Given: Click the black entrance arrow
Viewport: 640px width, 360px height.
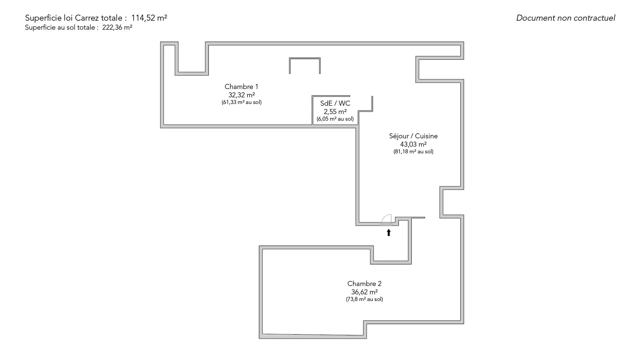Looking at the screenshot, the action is click(x=389, y=232).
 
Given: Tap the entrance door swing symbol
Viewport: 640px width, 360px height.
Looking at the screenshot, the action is click(x=386, y=219).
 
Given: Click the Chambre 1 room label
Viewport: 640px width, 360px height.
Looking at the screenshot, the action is click(x=241, y=87).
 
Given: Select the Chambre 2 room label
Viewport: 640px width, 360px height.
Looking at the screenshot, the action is click(x=364, y=284).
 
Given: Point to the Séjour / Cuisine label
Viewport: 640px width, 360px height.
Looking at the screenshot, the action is click(x=413, y=136).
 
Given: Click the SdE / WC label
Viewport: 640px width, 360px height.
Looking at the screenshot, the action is click(x=335, y=103).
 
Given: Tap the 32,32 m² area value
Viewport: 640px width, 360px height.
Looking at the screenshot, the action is click(x=242, y=95).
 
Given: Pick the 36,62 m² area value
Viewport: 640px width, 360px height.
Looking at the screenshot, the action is click(x=364, y=292).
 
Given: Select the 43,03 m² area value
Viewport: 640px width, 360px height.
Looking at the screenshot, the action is click(x=413, y=144).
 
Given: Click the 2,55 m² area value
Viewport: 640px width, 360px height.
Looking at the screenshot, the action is click(x=335, y=112).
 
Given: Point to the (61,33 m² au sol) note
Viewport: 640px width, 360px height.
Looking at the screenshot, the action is click(x=242, y=102).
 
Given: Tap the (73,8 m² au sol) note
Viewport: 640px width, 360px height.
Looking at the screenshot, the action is click(x=364, y=299).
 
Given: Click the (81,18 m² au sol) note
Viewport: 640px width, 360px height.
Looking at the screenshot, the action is click(x=413, y=152).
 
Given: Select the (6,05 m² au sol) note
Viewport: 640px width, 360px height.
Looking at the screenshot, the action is click(x=335, y=119).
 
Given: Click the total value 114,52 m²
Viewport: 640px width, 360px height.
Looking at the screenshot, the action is click(x=149, y=18).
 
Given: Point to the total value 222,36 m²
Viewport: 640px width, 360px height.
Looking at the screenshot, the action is click(x=117, y=28).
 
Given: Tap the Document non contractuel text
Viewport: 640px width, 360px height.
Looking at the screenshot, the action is click(x=566, y=18).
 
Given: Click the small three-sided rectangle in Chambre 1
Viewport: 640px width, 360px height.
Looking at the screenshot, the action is click(x=305, y=59).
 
